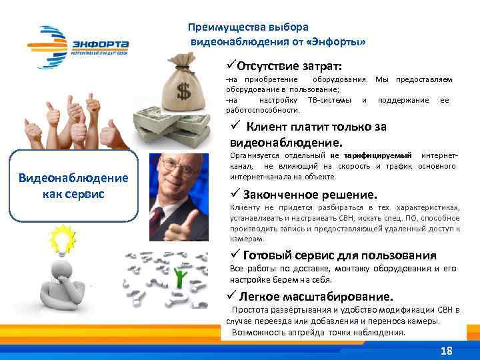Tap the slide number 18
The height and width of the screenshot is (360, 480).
tap(446, 351)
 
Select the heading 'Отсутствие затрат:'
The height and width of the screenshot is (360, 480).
tap(289, 67)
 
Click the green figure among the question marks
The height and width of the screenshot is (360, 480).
tap(178, 278)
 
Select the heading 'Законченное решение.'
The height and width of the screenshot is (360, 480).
tap(310, 195)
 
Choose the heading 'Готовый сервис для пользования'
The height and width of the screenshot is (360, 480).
tap(339, 255)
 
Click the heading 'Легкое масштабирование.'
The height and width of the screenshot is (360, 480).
tap(316, 295)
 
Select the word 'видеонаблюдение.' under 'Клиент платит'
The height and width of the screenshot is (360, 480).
tap(285, 142)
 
